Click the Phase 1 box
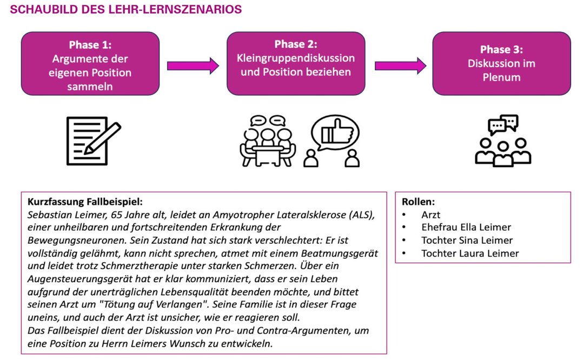pyautogui.click(x=90, y=63)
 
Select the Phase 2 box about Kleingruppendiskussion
pyautogui.click(x=296, y=63)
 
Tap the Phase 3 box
pyautogui.click(x=501, y=63)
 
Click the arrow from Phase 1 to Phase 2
pyautogui.click(x=193, y=66)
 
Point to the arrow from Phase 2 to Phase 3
pyautogui.click(x=400, y=66)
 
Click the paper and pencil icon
pyautogui.click(x=94, y=141)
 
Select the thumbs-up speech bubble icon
pyautogui.click(x=332, y=141)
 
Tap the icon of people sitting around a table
pyautogui.click(x=268, y=141)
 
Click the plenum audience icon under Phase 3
pyautogui.click(x=503, y=141)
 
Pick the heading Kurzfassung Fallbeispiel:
pyautogui.click(x=85, y=202)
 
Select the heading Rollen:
pyautogui.click(x=418, y=202)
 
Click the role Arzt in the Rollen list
pyautogui.click(x=430, y=215)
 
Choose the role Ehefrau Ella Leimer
pyautogui.click(x=466, y=227)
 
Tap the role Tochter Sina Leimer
pyautogui.click(x=467, y=240)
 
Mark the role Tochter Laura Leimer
pyautogui.click(x=470, y=253)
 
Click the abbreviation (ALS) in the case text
pyautogui.click(x=362, y=215)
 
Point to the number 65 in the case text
pyautogui.click(x=116, y=215)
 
